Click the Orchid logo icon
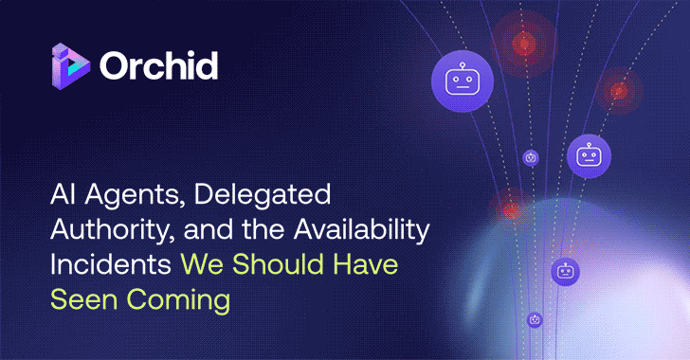click(x=72, y=65)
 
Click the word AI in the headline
click(x=63, y=198)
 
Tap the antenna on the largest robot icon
click(x=459, y=63)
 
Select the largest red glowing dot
click(x=523, y=43)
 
